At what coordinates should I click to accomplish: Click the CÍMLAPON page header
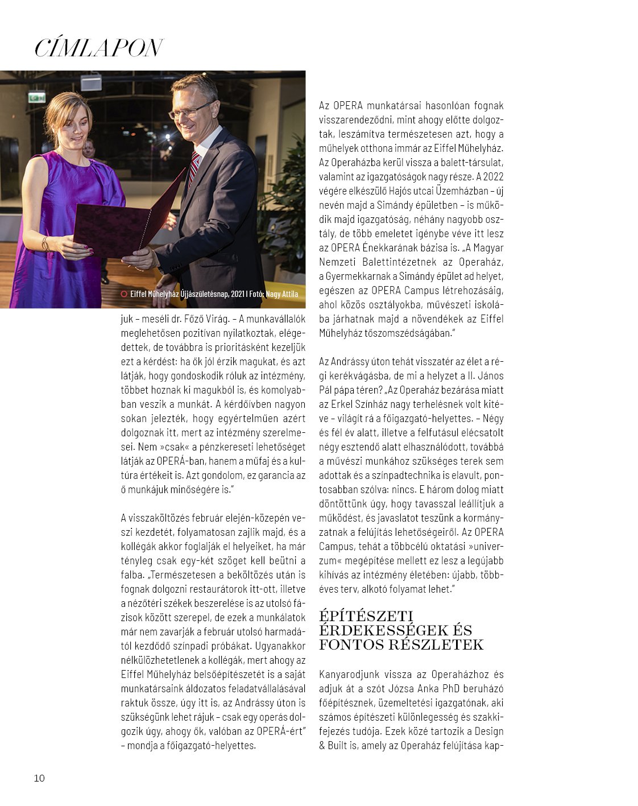(x=99, y=48)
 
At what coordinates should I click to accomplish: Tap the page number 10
(x=39, y=778)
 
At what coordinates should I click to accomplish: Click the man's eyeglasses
(x=190, y=109)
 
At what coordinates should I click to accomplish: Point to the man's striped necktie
(x=194, y=167)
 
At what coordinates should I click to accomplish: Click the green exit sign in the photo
(x=37, y=97)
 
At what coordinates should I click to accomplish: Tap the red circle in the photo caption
(x=124, y=294)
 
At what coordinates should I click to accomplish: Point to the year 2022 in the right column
(x=494, y=176)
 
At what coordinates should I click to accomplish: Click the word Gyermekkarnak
(x=361, y=276)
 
